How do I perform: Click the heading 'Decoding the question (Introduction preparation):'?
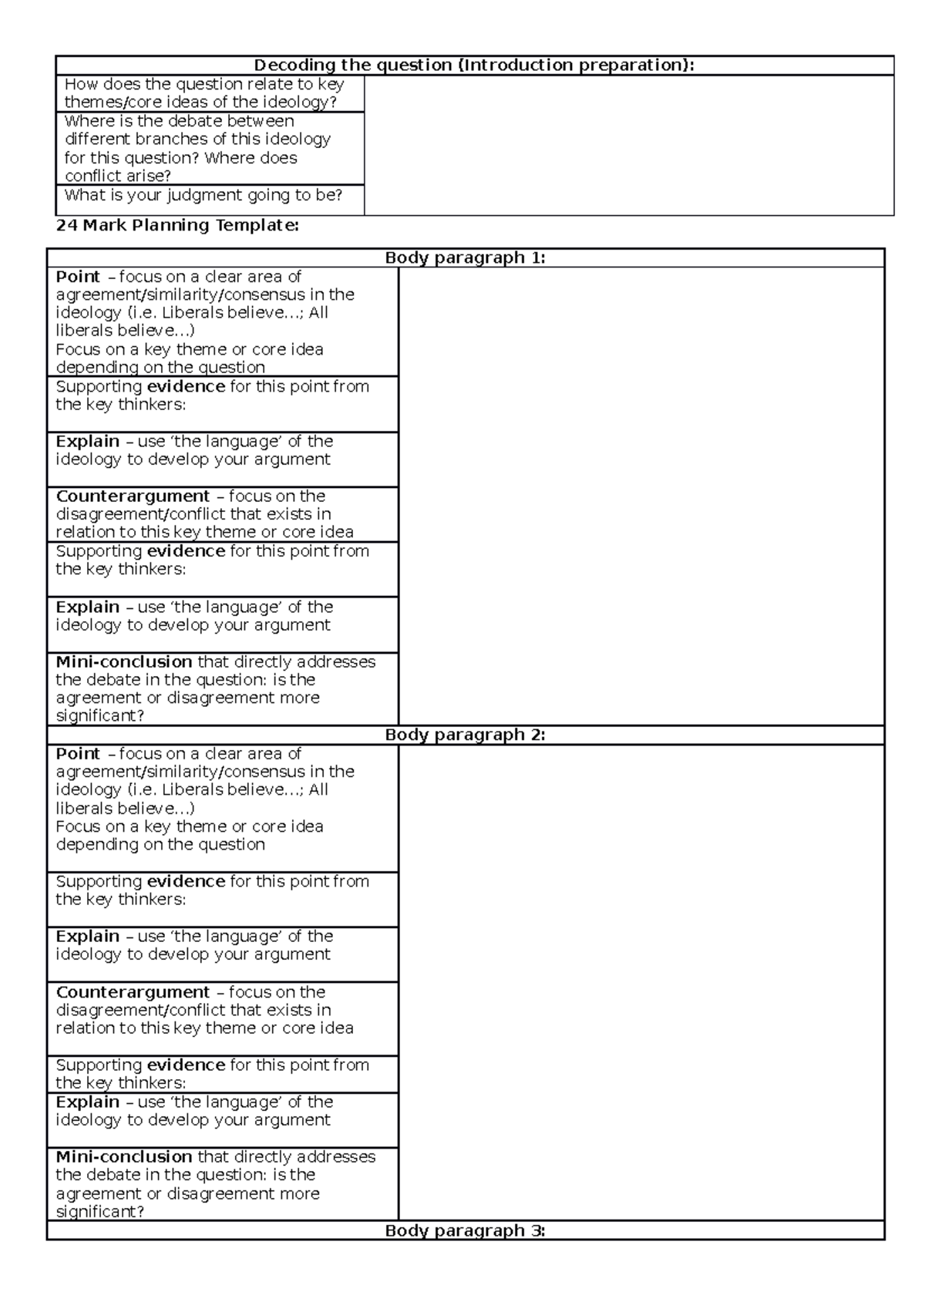click(474, 65)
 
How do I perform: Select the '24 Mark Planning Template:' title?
click(177, 225)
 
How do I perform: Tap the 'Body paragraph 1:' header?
click(465, 257)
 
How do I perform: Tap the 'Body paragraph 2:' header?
click(465, 735)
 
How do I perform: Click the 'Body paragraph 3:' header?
click(465, 1230)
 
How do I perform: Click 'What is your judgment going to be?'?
click(203, 195)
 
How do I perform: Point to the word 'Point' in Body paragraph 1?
click(78, 277)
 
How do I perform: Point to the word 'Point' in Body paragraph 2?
click(78, 753)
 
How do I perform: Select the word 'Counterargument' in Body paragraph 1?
click(133, 496)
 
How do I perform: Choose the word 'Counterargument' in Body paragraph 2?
click(133, 992)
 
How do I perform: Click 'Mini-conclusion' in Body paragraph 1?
click(124, 661)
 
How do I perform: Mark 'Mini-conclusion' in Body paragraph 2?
click(124, 1156)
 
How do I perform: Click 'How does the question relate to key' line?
click(204, 84)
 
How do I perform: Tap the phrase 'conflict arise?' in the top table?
click(118, 176)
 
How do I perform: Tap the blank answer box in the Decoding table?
click(628, 145)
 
